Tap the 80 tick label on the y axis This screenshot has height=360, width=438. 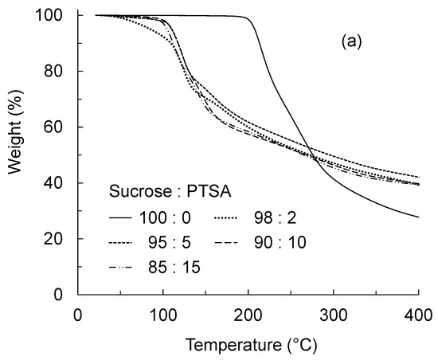coord(59,71)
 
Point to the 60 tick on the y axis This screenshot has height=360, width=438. coord(59,127)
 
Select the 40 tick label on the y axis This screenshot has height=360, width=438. coord(59,182)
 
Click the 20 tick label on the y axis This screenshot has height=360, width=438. coord(59,238)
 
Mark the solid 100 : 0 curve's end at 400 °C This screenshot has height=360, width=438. coord(418,217)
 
